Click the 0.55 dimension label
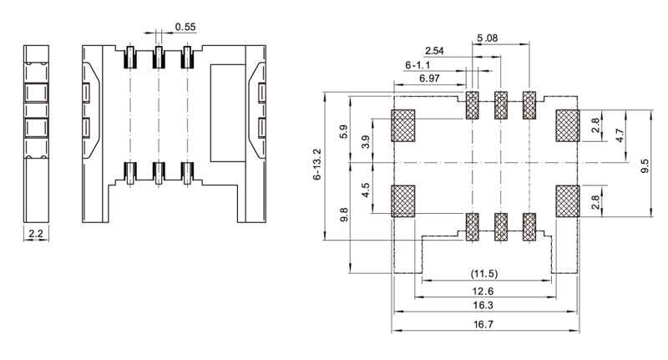point(185,27)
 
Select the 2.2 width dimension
point(36,235)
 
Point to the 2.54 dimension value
point(434,51)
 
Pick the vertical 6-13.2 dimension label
point(317,167)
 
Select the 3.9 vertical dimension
point(366,143)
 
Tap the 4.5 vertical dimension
point(366,190)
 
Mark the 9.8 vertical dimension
point(342,215)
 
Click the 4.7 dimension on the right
point(619,136)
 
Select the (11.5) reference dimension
point(485,275)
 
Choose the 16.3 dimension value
point(485,307)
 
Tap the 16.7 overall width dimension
point(485,324)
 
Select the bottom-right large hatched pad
point(567,201)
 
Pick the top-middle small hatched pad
point(501,105)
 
